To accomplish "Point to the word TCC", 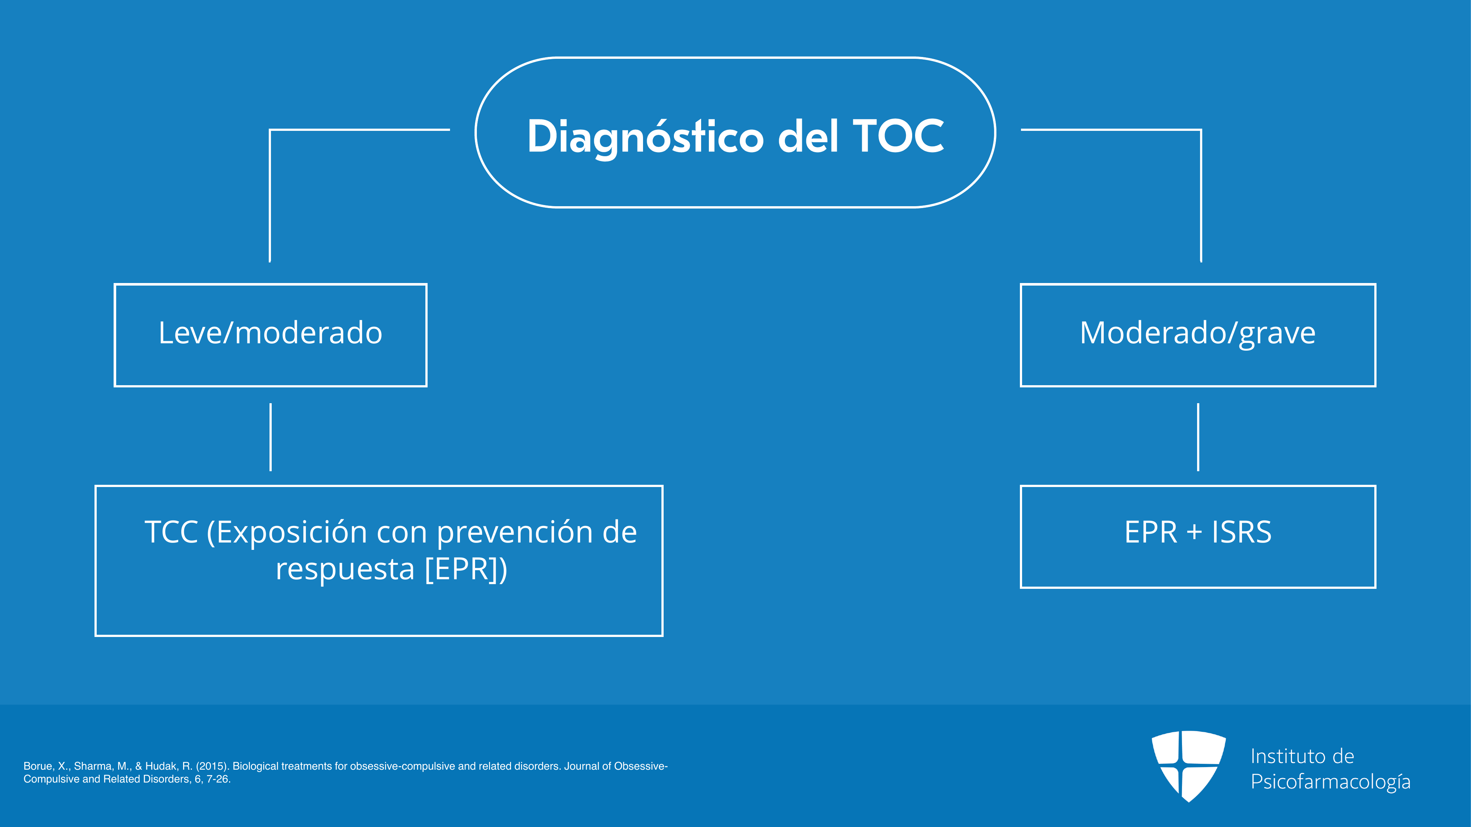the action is coord(171,532).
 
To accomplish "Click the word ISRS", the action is coord(1242,532).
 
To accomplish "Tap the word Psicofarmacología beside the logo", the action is coord(1331,782).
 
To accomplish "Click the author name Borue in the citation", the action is coord(38,766).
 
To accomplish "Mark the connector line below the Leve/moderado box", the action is coord(271,437).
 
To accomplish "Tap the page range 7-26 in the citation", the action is coord(217,779).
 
